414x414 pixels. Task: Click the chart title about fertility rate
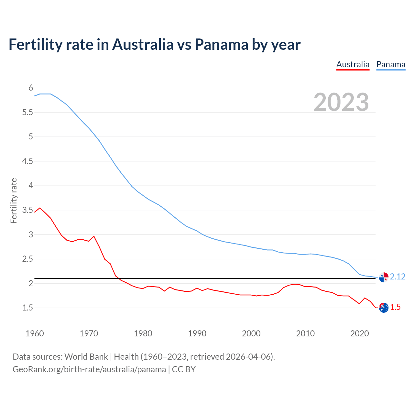click(x=155, y=44)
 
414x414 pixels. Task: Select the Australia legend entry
click(x=353, y=64)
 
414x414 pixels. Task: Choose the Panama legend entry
click(x=391, y=64)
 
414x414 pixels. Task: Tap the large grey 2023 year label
click(x=341, y=102)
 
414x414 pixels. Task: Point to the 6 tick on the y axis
click(x=31, y=88)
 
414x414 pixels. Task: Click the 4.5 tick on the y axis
click(x=27, y=161)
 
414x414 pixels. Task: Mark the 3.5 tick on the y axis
click(x=27, y=210)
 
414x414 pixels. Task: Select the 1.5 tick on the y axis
click(x=27, y=308)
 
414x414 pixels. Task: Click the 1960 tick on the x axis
click(x=35, y=333)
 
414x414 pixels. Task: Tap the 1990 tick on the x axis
click(x=197, y=333)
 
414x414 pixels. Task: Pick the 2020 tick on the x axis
click(x=359, y=333)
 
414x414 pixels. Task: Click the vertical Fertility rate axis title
click(x=14, y=201)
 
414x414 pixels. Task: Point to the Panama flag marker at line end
click(x=384, y=277)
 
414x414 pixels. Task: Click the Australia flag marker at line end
click(x=384, y=308)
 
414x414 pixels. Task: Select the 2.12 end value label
click(x=398, y=277)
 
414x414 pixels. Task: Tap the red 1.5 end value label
click(x=395, y=307)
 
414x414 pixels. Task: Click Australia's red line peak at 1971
click(x=94, y=236)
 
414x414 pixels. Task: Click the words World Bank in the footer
click(x=86, y=356)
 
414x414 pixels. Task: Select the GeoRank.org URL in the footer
click(x=89, y=369)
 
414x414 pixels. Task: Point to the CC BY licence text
click(x=184, y=369)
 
